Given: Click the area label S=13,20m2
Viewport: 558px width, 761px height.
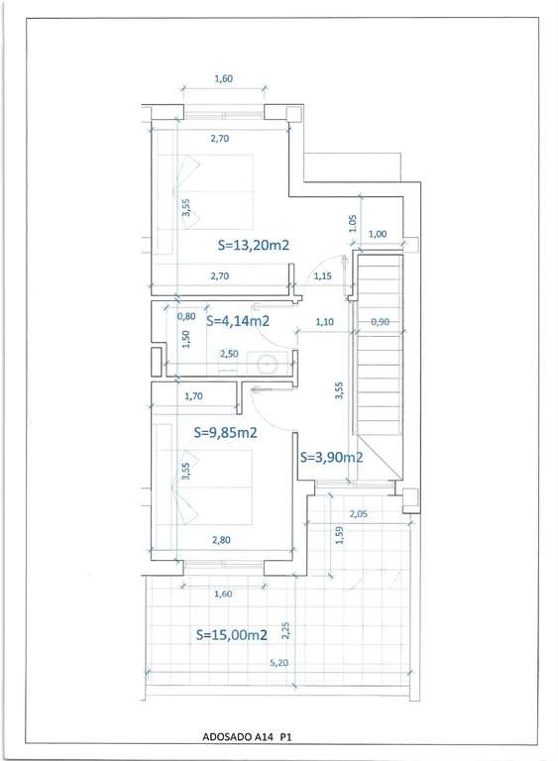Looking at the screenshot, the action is [x=254, y=245].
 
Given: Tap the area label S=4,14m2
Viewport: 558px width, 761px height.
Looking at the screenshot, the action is [x=238, y=321].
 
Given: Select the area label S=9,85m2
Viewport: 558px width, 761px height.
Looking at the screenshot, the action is [x=225, y=432].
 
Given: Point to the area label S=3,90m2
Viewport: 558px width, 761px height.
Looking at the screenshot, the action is [x=331, y=457].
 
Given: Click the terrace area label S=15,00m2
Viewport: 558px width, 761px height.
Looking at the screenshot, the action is [x=232, y=634].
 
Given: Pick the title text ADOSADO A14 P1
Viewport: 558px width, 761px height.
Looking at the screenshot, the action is [x=247, y=737].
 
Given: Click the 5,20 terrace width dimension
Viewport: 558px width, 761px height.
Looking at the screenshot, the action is [x=279, y=663].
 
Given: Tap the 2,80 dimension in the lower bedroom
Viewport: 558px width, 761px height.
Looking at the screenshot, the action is [x=221, y=540].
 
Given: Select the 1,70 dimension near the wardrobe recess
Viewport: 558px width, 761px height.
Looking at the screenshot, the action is [x=193, y=396].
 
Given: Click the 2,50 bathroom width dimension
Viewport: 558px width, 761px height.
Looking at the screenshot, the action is [x=229, y=354].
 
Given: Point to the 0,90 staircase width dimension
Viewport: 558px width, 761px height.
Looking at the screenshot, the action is [x=380, y=321].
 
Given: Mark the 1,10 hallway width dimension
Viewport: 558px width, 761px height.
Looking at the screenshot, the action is [x=324, y=321].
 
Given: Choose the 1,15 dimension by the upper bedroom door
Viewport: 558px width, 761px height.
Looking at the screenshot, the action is [x=322, y=276].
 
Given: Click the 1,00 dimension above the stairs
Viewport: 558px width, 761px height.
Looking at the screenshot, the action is [x=378, y=234].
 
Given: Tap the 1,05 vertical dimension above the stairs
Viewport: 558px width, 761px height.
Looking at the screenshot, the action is [x=353, y=223].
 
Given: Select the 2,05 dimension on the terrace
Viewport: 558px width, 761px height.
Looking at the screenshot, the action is [x=359, y=514].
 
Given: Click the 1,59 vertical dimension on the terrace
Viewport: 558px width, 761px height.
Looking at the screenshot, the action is [x=340, y=535].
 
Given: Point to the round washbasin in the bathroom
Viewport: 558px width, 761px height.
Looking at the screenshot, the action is [x=267, y=364].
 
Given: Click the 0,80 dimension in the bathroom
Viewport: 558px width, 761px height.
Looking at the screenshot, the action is [x=186, y=316].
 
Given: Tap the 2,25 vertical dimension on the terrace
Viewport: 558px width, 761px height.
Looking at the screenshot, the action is [x=285, y=630].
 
